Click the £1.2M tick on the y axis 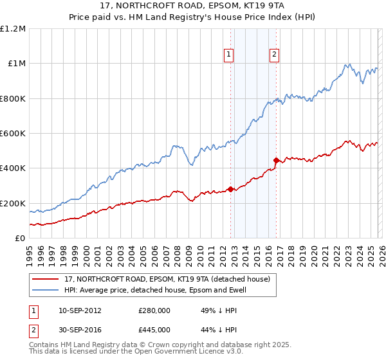[x=13, y=29]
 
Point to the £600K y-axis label [x=13, y=134]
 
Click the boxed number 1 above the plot [x=230, y=55]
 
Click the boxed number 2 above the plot [x=275, y=55]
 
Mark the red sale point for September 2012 [x=230, y=190]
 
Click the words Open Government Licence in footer [x=182, y=353]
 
